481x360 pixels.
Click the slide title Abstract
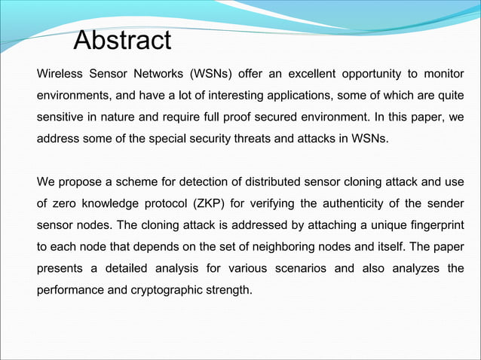pos(122,41)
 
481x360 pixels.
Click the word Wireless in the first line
pos(60,74)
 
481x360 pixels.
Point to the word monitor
pos(443,74)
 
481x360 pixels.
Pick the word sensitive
pos(62,118)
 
